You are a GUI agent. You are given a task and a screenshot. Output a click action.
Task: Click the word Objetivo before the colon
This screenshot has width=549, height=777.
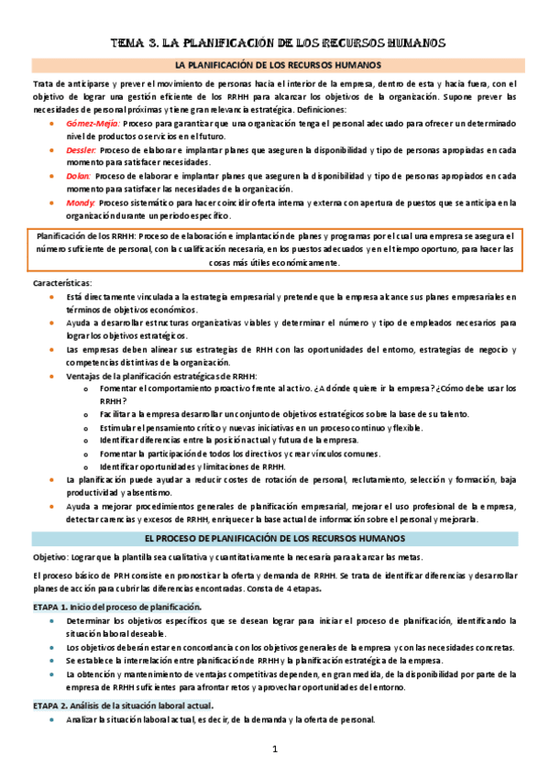coord(51,558)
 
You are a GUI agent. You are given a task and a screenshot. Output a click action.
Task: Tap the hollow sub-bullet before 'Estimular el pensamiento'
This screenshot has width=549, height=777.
coord(85,428)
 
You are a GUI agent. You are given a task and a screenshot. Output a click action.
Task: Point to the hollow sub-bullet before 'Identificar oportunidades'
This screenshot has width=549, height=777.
coord(85,467)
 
